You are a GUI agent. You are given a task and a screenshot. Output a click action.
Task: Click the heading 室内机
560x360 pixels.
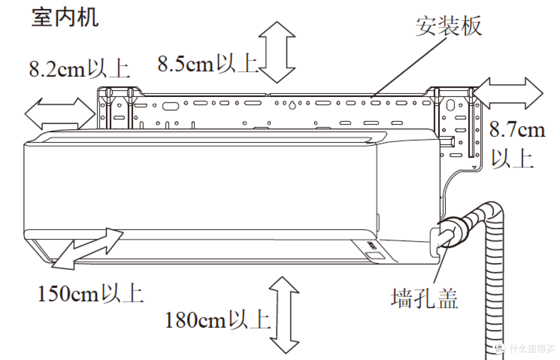point(65,18)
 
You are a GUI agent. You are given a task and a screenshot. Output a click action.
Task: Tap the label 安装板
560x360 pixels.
point(449,25)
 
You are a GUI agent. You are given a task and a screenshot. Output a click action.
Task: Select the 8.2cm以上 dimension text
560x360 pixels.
point(79,68)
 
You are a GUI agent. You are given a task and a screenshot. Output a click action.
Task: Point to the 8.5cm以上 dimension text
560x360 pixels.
point(208,64)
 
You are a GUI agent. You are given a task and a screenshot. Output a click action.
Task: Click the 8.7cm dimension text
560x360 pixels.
point(517,129)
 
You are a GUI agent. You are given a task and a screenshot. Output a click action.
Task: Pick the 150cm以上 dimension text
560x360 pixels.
point(91,294)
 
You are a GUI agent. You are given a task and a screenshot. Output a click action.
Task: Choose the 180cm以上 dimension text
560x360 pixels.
point(218,320)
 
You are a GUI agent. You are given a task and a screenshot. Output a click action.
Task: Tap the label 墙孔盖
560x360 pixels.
point(424,298)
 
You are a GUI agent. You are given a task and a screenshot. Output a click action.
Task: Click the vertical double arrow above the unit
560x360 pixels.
point(277,52)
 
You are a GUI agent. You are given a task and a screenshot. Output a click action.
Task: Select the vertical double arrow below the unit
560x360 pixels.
point(284,315)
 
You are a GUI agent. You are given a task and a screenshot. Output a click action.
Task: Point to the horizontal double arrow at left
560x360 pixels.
point(60,114)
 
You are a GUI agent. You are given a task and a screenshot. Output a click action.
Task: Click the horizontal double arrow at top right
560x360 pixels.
point(508,93)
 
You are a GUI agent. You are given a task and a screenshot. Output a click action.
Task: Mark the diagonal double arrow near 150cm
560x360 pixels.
point(88,248)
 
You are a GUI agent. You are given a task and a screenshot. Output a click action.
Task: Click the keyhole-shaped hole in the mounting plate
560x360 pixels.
point(292,105)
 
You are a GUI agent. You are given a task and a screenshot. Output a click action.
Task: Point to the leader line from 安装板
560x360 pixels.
point(409,66)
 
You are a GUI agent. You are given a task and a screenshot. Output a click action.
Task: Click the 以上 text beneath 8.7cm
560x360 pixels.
point(512,158)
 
